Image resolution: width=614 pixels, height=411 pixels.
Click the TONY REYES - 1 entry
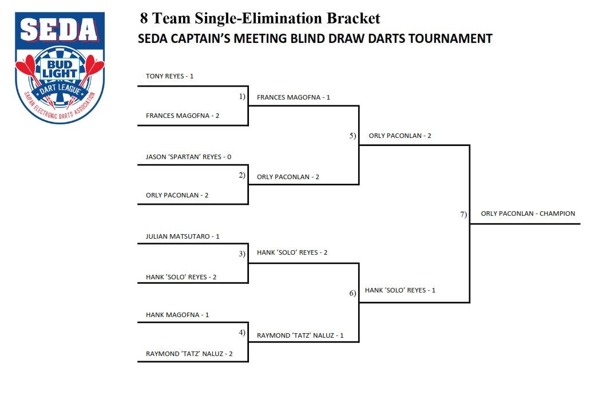pyautogui.click(x=170, y=76)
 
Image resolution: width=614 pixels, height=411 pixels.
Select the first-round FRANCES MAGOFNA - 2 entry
pyautogui.click(x=183, y=116)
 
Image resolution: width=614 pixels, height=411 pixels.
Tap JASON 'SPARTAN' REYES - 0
pyautogui.click(x=188, y=157)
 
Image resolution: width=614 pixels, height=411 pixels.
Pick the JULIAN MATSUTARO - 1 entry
pyautogui.click(x=183, y=236)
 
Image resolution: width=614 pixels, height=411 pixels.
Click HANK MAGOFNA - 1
pyautogui.click(x=177, y=315)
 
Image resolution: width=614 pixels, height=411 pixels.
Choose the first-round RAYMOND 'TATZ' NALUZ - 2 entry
pyautogui.click(x=189, y=354)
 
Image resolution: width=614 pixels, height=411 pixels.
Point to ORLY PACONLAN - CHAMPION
pyautogui.click(x=528, y=214)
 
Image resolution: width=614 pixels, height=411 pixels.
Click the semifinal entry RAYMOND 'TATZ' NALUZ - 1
pyautogui.click(x=300, y=335)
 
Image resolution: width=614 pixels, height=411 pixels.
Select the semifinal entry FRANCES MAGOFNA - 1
pyautogui.click(x=294, y=97)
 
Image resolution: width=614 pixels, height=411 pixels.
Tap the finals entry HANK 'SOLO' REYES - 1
pyautogui.click(x=400, y=290)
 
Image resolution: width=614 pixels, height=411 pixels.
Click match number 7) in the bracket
pyautogui.click(x=464, y=214)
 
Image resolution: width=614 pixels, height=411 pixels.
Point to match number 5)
pyautogui.click(x=352, y=136)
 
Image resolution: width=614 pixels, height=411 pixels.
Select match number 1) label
pyautogui.click(x=242, y=97)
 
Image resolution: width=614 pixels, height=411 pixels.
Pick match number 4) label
pyautogui.click(x=242, y=333)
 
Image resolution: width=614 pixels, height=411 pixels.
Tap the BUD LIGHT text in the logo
pyautogui.click(x=60, y=68)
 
